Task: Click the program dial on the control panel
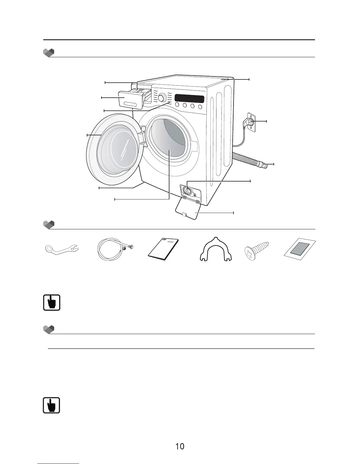coord(161,97)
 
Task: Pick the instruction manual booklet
coord(163,249)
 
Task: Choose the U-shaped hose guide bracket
coord(216,250)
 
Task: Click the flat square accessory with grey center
coord(299,249)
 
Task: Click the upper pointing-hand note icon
coord(52,302)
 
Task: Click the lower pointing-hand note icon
coord(51,405)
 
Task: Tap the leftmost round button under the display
coord(177,105)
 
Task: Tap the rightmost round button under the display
coord(200,106)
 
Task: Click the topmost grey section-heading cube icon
coord(49,53)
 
